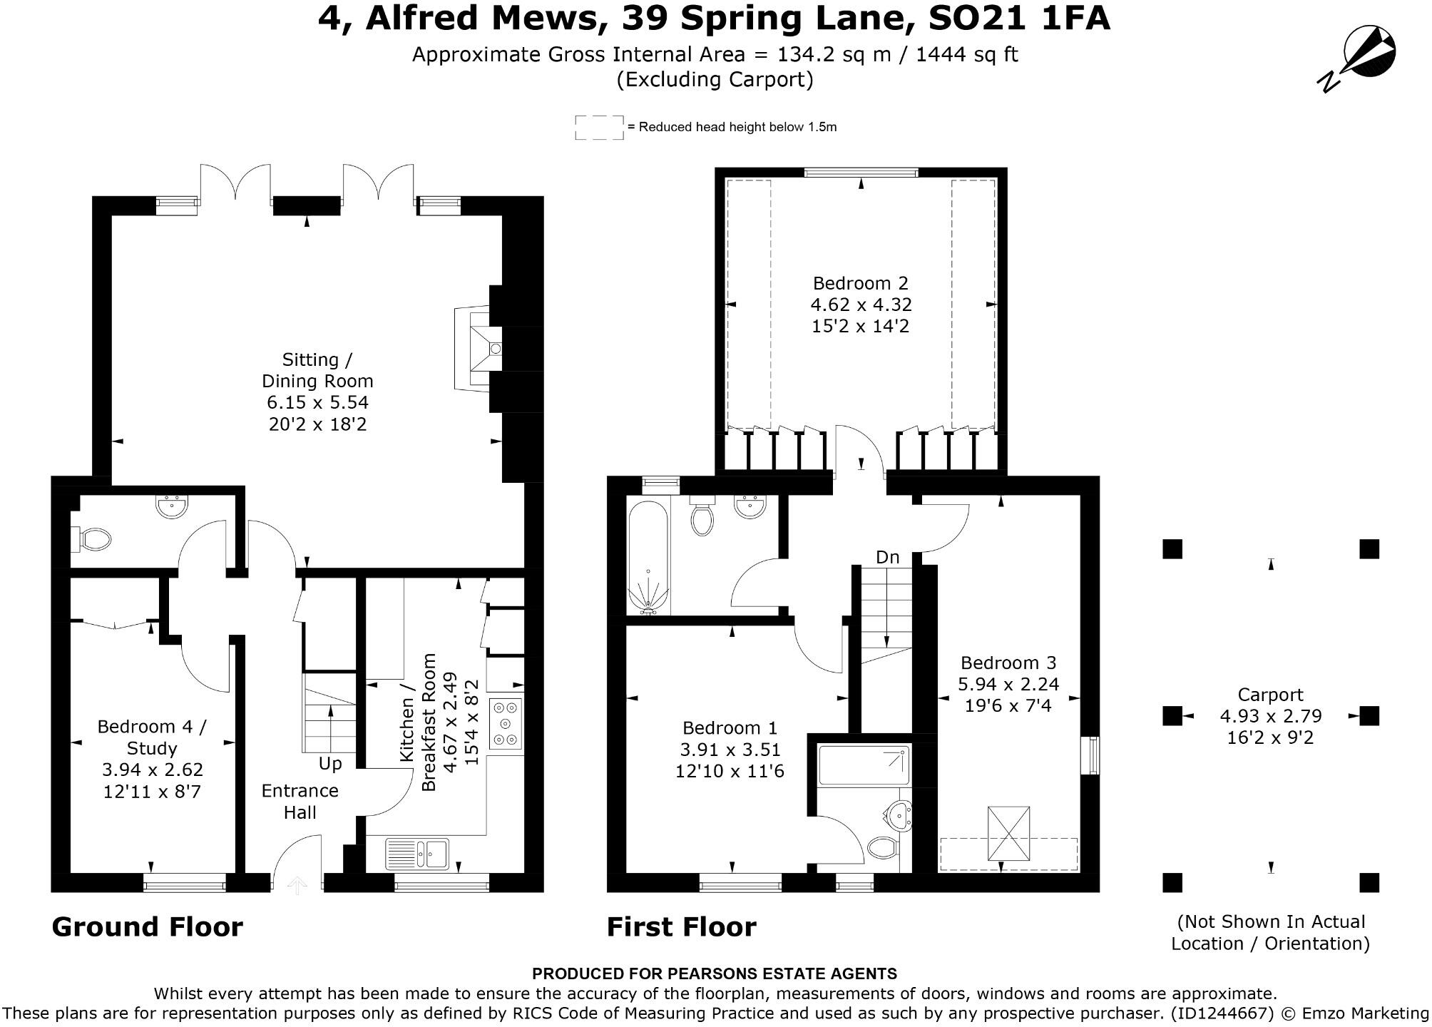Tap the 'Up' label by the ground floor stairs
330,763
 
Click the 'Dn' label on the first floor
887,557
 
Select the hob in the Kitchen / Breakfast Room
506,724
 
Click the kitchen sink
418,853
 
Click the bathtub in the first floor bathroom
648,557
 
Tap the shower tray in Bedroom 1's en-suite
864,765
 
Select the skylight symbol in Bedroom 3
1008,833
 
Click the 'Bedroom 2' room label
861,283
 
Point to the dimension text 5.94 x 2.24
1008,685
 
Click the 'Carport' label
1270,695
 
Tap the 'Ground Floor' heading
147,927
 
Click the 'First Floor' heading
681,927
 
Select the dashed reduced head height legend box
599,128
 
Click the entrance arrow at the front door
297,885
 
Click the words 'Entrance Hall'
300,801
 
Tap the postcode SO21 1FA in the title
1019,19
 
